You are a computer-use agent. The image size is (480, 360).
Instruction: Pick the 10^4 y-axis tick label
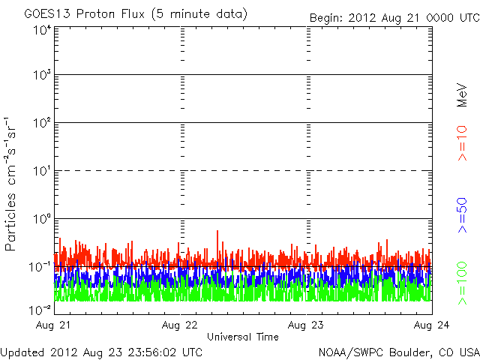coord(41,30)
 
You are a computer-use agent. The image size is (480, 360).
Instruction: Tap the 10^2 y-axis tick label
coord(41,125)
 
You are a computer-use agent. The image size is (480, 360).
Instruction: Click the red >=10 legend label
coord(463,143)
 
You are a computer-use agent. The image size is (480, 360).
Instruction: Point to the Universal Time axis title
coord(243,337)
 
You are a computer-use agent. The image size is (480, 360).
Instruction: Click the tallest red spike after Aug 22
coord(217,232)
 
